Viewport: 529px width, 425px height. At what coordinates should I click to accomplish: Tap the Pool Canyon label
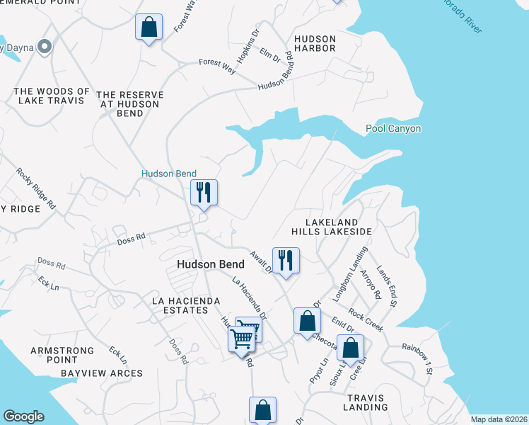[x=393, y=129]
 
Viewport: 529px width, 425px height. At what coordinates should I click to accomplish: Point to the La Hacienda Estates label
[x=182, y=306]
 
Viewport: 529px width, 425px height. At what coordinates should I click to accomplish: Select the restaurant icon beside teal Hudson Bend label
[x=204, y=193]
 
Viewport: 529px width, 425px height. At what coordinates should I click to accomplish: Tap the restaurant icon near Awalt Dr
[x=286, y=261]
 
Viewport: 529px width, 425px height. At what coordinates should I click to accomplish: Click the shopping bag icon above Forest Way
[x=149, y=28]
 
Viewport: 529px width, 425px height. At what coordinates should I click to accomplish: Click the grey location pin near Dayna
[x=45, y=47]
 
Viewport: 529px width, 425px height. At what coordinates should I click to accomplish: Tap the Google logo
[x=23, y=416]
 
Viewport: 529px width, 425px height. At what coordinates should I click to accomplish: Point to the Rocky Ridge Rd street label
[x=36, y=188]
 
